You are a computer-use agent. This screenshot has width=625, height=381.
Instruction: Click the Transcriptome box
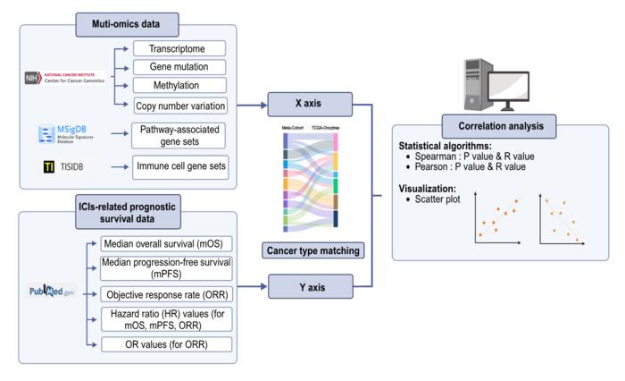pyautogui.click(x=179, y=48)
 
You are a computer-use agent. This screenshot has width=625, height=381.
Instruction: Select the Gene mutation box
pyautogui.click(x=179, y=67)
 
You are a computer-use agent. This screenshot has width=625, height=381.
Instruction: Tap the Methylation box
pyautogui.click(x=179, y=87)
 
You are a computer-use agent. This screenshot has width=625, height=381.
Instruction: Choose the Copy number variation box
pyautogui.click(x=179, y=106)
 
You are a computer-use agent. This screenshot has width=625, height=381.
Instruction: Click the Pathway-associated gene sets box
pyautogui.click(x=179, y=136)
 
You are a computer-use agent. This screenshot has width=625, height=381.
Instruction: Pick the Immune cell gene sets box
pyautogui.click(x=179, y=166)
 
